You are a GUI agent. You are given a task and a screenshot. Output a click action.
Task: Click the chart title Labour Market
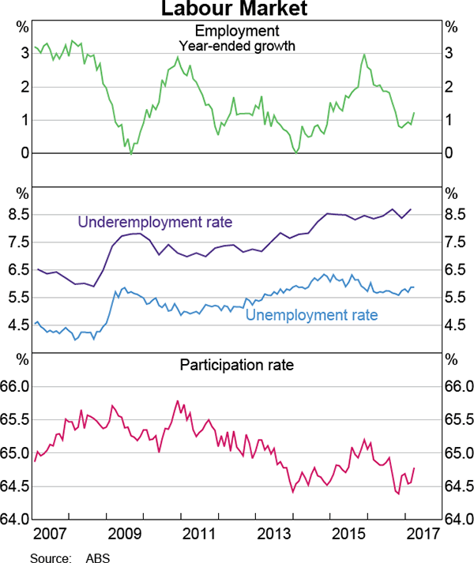pyautogui.click(x=237, y=9)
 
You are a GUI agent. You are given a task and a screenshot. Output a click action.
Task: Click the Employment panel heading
pyautogui.click(x=237, y=31)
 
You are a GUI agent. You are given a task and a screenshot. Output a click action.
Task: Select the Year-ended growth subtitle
pyautogui.click(x=237, y=46)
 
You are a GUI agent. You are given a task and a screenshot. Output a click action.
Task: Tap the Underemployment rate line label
pyautogui.click(x=154, y=222)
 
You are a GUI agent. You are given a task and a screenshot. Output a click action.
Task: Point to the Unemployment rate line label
pyautogui.click(x=312, y=315)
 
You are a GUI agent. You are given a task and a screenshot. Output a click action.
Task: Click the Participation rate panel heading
pyautogui.click(x=237, y=365)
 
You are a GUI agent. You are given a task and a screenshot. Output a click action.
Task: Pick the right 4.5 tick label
pyautogui.click(x=455, y=325)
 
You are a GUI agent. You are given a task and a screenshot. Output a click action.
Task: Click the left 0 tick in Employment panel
pyautogui.click(x=25, y=153)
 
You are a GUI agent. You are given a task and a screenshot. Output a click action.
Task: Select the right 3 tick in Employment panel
pyautogui.click(x=449, y=53)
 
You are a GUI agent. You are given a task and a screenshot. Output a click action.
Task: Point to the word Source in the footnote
pyautogui.click(x=49, y=557)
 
